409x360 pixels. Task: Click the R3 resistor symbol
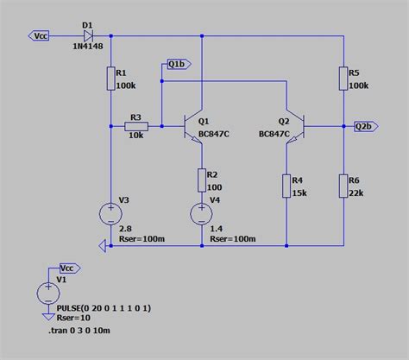[x=136, y=126]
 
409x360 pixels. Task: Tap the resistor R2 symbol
[x=201, y=180]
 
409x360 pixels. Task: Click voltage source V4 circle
[x=201, y=212]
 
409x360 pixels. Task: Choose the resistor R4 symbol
[x=286, y=186]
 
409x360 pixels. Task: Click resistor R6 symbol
[x=343, y=186]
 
